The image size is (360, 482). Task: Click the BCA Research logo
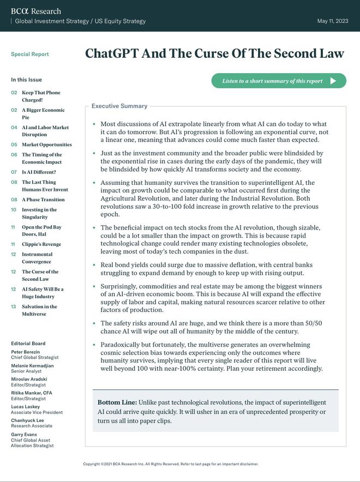pos(36,11)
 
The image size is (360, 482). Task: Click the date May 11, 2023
pos(333,21)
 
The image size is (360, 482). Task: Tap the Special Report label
pos(29,55)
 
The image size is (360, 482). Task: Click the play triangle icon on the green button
pos(333,81)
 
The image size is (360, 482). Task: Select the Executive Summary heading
pos(119,106)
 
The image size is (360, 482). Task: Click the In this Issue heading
pos(26,80)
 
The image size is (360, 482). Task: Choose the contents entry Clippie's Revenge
pos(41,244)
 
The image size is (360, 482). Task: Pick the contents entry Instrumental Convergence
pos(37,258)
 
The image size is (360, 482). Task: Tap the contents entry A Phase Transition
pos(43,200)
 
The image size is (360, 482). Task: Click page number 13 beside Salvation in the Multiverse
pos(14,306)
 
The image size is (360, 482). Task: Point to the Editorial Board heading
pos(28,344)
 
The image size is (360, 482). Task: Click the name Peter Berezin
pos(25,352)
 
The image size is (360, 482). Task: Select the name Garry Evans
pos(24,435)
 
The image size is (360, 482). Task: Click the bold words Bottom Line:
pos(117,402)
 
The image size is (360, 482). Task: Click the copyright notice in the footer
pos(170,464)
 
